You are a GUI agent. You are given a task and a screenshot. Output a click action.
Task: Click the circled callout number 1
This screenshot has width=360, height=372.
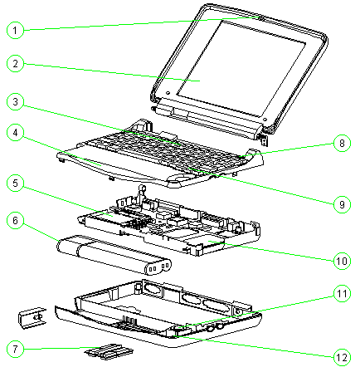(15, 30)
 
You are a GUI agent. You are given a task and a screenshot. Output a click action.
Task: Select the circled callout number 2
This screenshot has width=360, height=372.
(15, 63)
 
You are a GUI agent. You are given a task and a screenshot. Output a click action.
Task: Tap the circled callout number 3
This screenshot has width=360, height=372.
(15, 101)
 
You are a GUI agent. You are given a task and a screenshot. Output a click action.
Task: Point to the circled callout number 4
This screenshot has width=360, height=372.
(15, 132)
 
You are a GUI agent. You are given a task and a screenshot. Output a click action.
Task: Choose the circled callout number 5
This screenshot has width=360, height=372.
(15, 183)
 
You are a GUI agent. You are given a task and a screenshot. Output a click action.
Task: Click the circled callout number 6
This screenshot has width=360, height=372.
(15, 220)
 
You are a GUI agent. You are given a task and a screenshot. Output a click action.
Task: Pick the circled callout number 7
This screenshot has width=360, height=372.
(15, 349)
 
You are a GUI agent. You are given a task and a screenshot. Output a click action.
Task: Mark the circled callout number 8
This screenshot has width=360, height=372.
(342, 143)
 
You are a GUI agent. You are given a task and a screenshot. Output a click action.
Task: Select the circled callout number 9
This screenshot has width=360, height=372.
(342, 204)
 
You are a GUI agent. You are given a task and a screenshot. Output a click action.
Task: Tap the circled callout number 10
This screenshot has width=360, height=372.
(342, 261)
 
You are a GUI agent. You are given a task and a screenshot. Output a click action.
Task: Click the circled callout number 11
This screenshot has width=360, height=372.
(342, 293)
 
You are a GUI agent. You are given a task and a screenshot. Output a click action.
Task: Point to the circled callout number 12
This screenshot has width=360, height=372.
(342, 357)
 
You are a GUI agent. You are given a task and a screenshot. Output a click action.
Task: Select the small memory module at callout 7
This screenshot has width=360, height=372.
(109, 352)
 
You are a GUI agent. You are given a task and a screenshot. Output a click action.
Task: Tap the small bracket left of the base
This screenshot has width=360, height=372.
(32, 318)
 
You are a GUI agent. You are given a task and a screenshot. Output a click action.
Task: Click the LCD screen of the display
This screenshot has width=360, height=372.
(241, 68)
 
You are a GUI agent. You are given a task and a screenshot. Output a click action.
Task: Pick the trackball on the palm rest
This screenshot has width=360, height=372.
(180, 177)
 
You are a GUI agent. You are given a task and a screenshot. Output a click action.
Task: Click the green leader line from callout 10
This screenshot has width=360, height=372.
(271, 251)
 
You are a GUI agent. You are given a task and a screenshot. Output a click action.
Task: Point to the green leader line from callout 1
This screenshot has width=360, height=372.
(142, 24)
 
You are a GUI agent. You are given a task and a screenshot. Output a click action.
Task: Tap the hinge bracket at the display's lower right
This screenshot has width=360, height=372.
(264, 140)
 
